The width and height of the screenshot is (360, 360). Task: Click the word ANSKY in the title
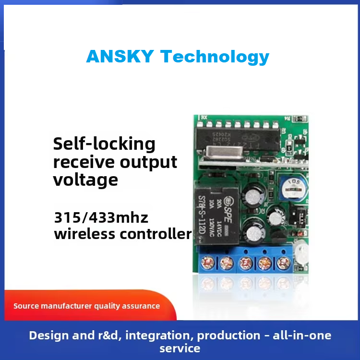click(120, 57)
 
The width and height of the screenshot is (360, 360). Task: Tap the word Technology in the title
click(215, 57)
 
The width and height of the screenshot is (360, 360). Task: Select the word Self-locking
click(104, 144)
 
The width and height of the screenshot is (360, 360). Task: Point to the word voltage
click(85, 180)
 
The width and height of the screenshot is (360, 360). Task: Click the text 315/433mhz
click(101, 217)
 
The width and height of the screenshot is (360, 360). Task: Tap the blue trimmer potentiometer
click(291, 185)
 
